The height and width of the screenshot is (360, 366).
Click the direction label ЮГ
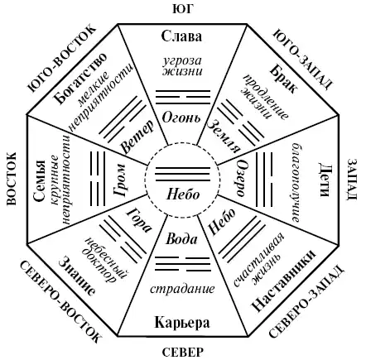182,9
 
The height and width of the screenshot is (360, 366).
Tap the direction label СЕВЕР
182,353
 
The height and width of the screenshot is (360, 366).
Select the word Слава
181,36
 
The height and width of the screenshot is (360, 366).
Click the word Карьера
182,322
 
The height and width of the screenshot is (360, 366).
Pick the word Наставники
283,281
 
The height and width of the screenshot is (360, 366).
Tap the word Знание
78,276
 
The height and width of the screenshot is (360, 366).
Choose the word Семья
39,180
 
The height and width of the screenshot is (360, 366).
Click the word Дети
326,180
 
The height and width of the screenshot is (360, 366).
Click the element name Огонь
181,118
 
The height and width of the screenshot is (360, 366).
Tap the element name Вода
181,239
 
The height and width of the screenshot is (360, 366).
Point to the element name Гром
119,180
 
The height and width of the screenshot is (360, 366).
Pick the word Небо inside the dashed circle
183,194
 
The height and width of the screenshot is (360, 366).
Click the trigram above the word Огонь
183,97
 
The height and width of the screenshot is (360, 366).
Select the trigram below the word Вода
183,264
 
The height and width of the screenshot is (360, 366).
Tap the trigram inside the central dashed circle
183,175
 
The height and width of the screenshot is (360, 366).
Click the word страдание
182,289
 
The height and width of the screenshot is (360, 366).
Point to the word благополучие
295,182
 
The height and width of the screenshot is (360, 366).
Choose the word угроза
182,61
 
